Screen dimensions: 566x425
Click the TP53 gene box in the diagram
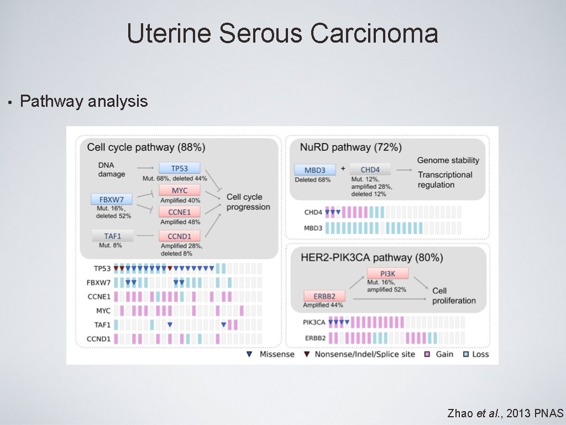(x=179, y=168)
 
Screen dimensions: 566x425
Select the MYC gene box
(x=179, y=191)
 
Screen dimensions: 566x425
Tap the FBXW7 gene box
(x=112, y=199)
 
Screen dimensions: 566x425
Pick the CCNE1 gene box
(x=179, y=212)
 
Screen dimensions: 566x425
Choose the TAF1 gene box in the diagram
(x=113, y=236)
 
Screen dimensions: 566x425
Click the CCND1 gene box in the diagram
(x=179, y=236)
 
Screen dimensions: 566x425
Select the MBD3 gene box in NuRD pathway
(x=315, y=169)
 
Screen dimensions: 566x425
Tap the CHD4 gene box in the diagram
(x=370, y=169)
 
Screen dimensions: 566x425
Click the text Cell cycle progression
(x=248, y=202)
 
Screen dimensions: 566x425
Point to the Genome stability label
(x=448, y=160)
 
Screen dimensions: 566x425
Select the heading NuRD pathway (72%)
(x=350, y=147)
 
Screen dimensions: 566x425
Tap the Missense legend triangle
(x=249, y=354)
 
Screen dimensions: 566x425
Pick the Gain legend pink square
(x=427, y=354)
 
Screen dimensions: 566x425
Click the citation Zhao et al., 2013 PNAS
(x=505, y=413)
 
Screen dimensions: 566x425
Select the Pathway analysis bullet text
(x=84, y=101)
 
